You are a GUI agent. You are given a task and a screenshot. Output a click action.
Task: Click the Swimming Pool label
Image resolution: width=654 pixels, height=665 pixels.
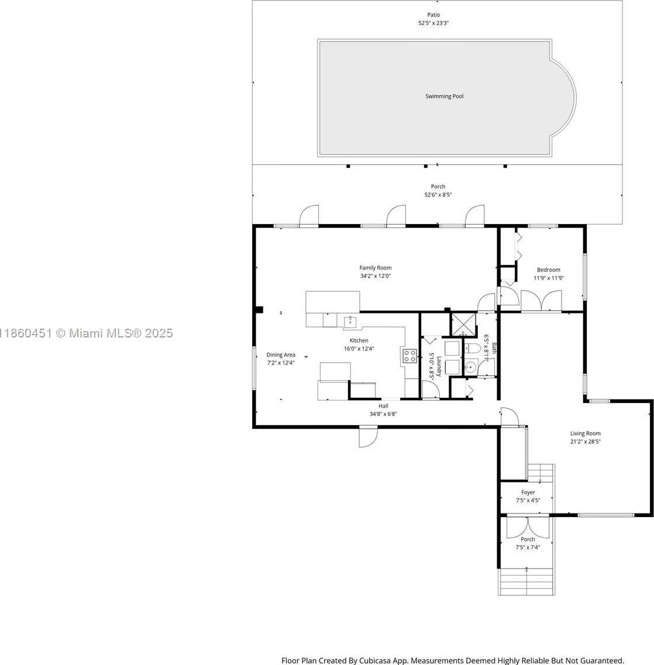(x=444, y=97)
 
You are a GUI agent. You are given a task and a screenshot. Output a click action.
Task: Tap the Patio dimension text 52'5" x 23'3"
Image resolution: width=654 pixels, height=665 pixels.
(x=433, y=23)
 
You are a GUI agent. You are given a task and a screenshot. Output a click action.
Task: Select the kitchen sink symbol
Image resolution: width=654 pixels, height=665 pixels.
(x=350, y=321)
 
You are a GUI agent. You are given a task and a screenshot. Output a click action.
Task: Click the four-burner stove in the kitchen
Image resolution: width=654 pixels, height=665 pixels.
(x=409, y=356)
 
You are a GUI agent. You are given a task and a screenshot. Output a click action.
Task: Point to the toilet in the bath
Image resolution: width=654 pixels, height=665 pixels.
(x=473, y=349)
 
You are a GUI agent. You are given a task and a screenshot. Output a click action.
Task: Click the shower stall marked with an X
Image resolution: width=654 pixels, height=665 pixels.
(x=463, y=325)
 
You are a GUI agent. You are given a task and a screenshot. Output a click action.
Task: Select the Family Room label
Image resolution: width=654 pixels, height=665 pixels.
(x=376, y=268)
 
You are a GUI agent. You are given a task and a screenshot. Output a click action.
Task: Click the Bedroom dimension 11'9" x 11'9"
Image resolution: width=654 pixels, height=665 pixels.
(x=549, y=278)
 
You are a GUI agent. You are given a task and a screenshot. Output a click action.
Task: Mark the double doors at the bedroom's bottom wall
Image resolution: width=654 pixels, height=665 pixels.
(x=541, y=301)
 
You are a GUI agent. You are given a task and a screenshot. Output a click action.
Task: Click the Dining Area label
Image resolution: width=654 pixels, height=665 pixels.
(x=281, y=354)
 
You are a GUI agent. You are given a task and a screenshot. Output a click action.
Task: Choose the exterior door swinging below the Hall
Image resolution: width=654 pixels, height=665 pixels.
(x=368, y=437)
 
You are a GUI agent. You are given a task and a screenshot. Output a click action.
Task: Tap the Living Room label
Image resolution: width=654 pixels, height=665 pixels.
(x=586, y=433)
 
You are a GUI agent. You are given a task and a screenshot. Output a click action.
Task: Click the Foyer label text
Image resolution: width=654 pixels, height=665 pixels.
(x=528, y=492)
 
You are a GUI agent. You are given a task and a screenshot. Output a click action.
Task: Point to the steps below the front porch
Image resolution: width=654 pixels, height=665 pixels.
(x=526, y=582)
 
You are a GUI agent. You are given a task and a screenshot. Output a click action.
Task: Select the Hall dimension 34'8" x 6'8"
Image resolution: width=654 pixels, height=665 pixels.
(x=383, y=414)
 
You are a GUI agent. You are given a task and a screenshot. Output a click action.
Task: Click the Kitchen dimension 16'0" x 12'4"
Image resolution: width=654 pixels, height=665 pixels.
(x=359, y=349)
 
